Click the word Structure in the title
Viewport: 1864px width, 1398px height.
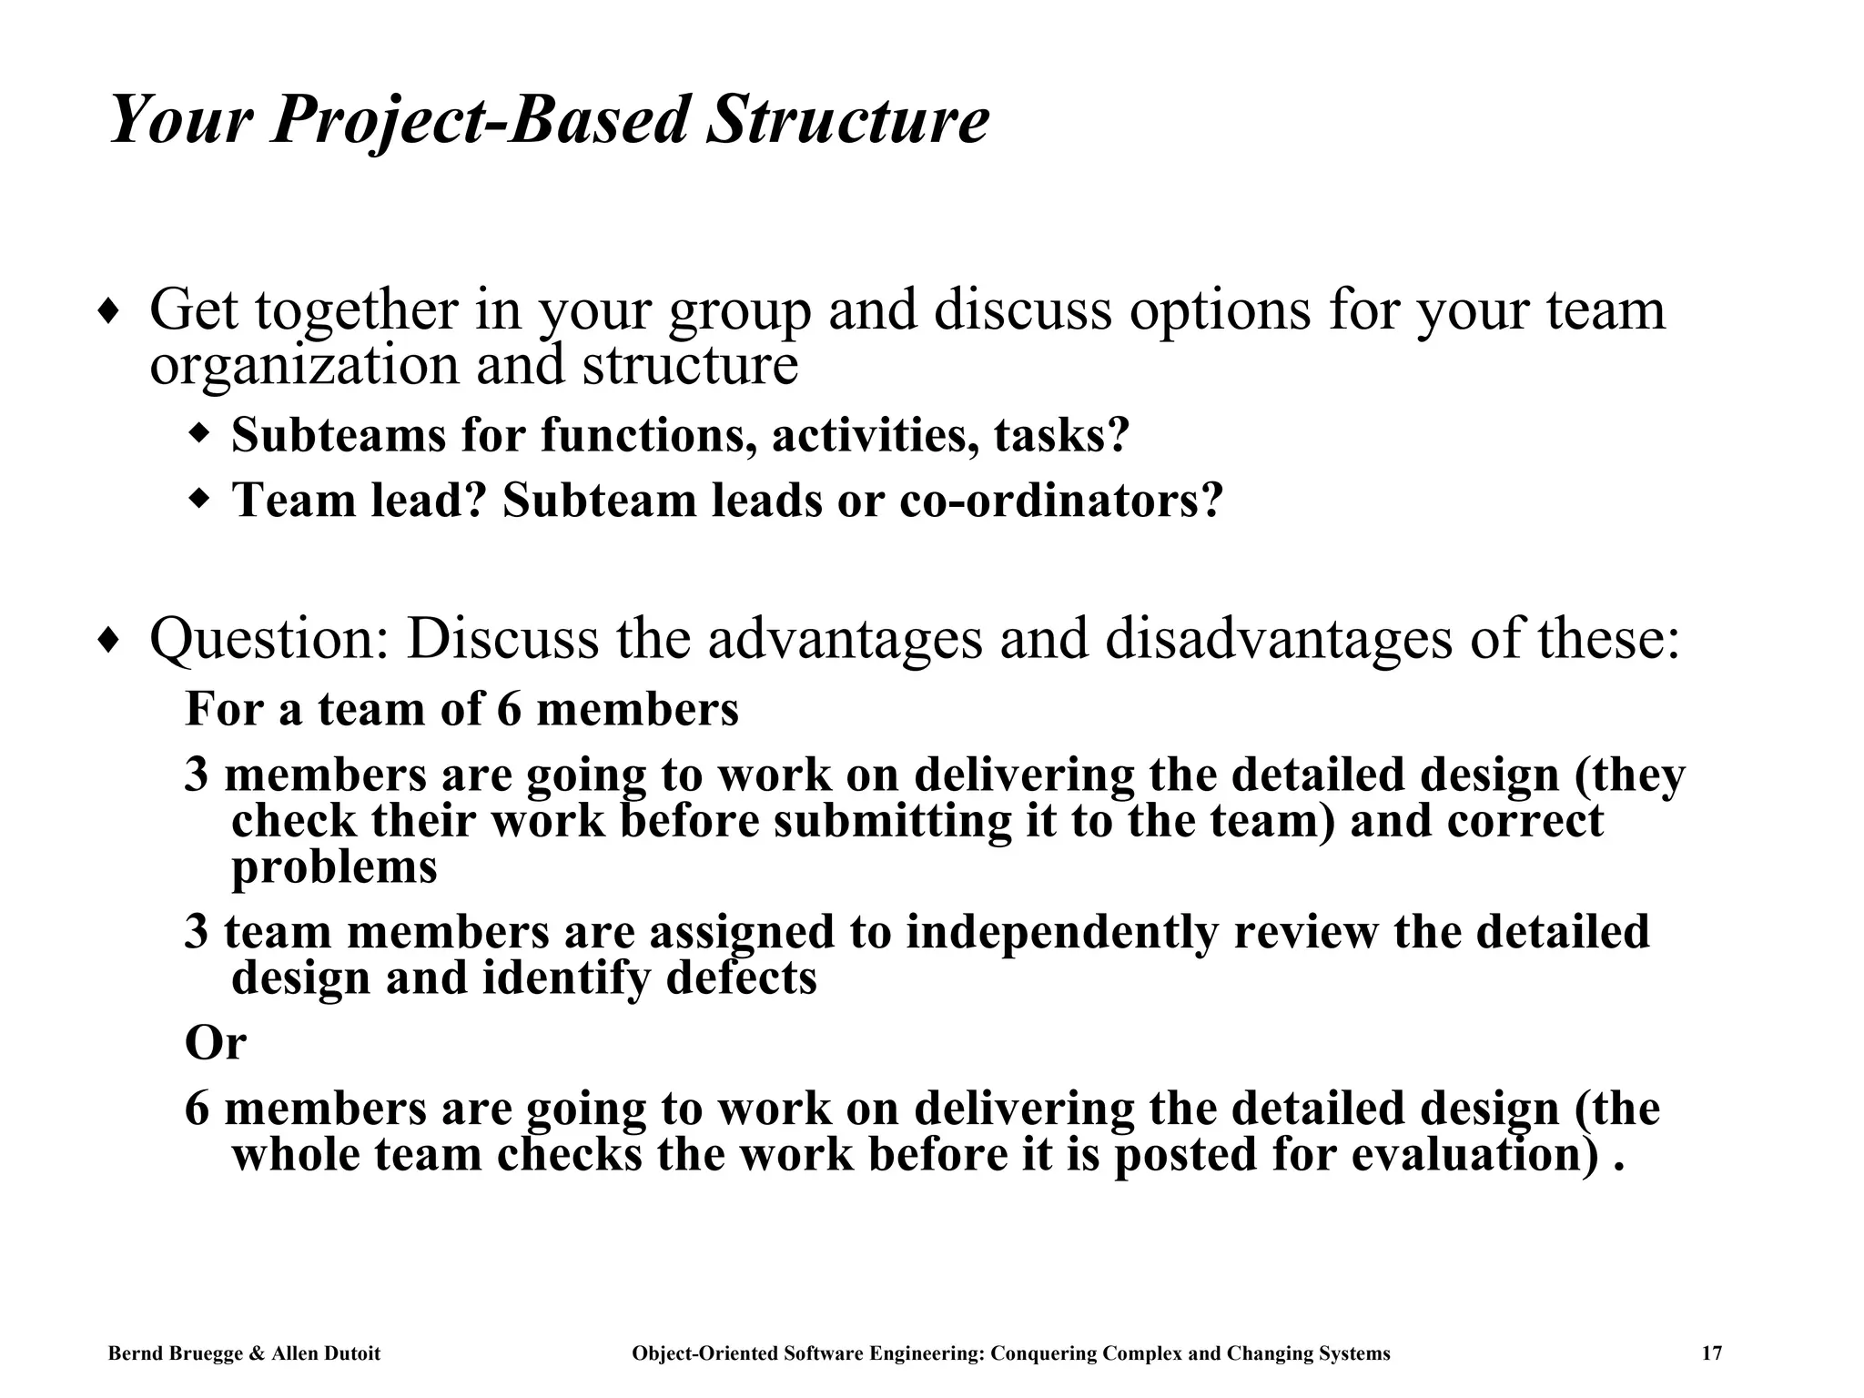[846, 120]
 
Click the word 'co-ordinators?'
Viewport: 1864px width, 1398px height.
[1061, 500]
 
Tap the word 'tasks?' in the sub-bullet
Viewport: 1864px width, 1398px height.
[1061, 434]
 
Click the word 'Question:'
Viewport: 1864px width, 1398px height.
[269, 639]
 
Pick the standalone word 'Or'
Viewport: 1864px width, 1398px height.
[215, 1042]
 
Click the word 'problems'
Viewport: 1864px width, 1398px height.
[334, 866]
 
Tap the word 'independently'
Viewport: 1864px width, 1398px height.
[1061, 932]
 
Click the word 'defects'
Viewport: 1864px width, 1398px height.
[741, 978]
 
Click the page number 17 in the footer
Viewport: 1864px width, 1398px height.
[1711, 1353]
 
